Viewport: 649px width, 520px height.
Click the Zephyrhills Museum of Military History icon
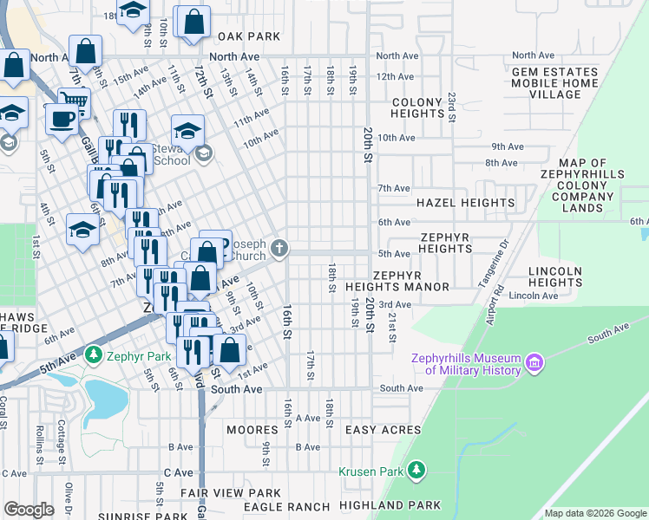pyautogui.click(x=534, y=361)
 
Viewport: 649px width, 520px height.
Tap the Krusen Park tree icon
pyautogui.click(x=417, y=471)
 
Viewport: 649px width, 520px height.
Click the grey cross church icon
pyautogui.click(x=279, y=249)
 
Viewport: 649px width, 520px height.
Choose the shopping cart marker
pyautogui.click(x=75, y=103)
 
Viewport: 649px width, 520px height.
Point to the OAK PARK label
pyautogui.click(x=249, y=36)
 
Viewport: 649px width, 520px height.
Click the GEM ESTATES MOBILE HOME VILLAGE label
pyautogui.click(x=554, y=83)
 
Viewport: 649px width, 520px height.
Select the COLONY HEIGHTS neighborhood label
pyautogui.click(x=417, y=107)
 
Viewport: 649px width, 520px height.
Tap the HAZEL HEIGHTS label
pyautogui.click(x=465, y=203)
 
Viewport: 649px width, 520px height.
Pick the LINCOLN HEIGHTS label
pyautogui.click(x=554, y=277)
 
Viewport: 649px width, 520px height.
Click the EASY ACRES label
pyautogui.click(x=383, y=430)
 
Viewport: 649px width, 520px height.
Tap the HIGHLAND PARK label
pyautogui.click(x=390, y=505)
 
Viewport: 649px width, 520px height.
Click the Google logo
pyautogui.click(x=29, y=509)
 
